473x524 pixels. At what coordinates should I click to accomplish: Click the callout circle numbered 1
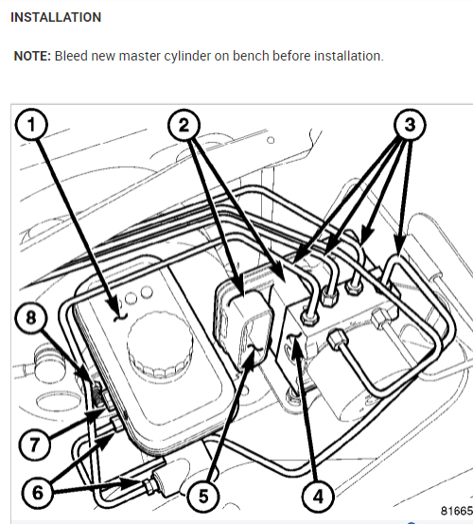click(31, 125)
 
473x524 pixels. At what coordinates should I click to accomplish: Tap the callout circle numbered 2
click(184, 126)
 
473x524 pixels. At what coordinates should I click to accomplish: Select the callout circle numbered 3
click(410, 125)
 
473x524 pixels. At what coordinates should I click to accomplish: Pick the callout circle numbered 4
click(318, 497)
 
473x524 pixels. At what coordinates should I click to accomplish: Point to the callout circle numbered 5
click(202, 497)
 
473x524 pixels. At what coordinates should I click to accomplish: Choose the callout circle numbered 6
click(38, 493)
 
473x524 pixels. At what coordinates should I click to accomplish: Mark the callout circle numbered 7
click(34, 445)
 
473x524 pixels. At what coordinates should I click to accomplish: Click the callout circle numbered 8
click(31, 317)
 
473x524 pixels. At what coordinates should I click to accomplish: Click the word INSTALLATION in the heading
click(56, 17)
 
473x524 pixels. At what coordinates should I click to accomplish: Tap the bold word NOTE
click(32, 56)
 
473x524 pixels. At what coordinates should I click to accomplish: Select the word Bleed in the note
click(71, 56)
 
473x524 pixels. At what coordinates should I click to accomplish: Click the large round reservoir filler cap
click(160, 345)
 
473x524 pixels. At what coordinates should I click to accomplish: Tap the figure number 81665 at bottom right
click(457, 511)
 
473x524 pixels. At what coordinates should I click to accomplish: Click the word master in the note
click(140, 56)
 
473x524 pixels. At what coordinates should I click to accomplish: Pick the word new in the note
click(103, 57)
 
